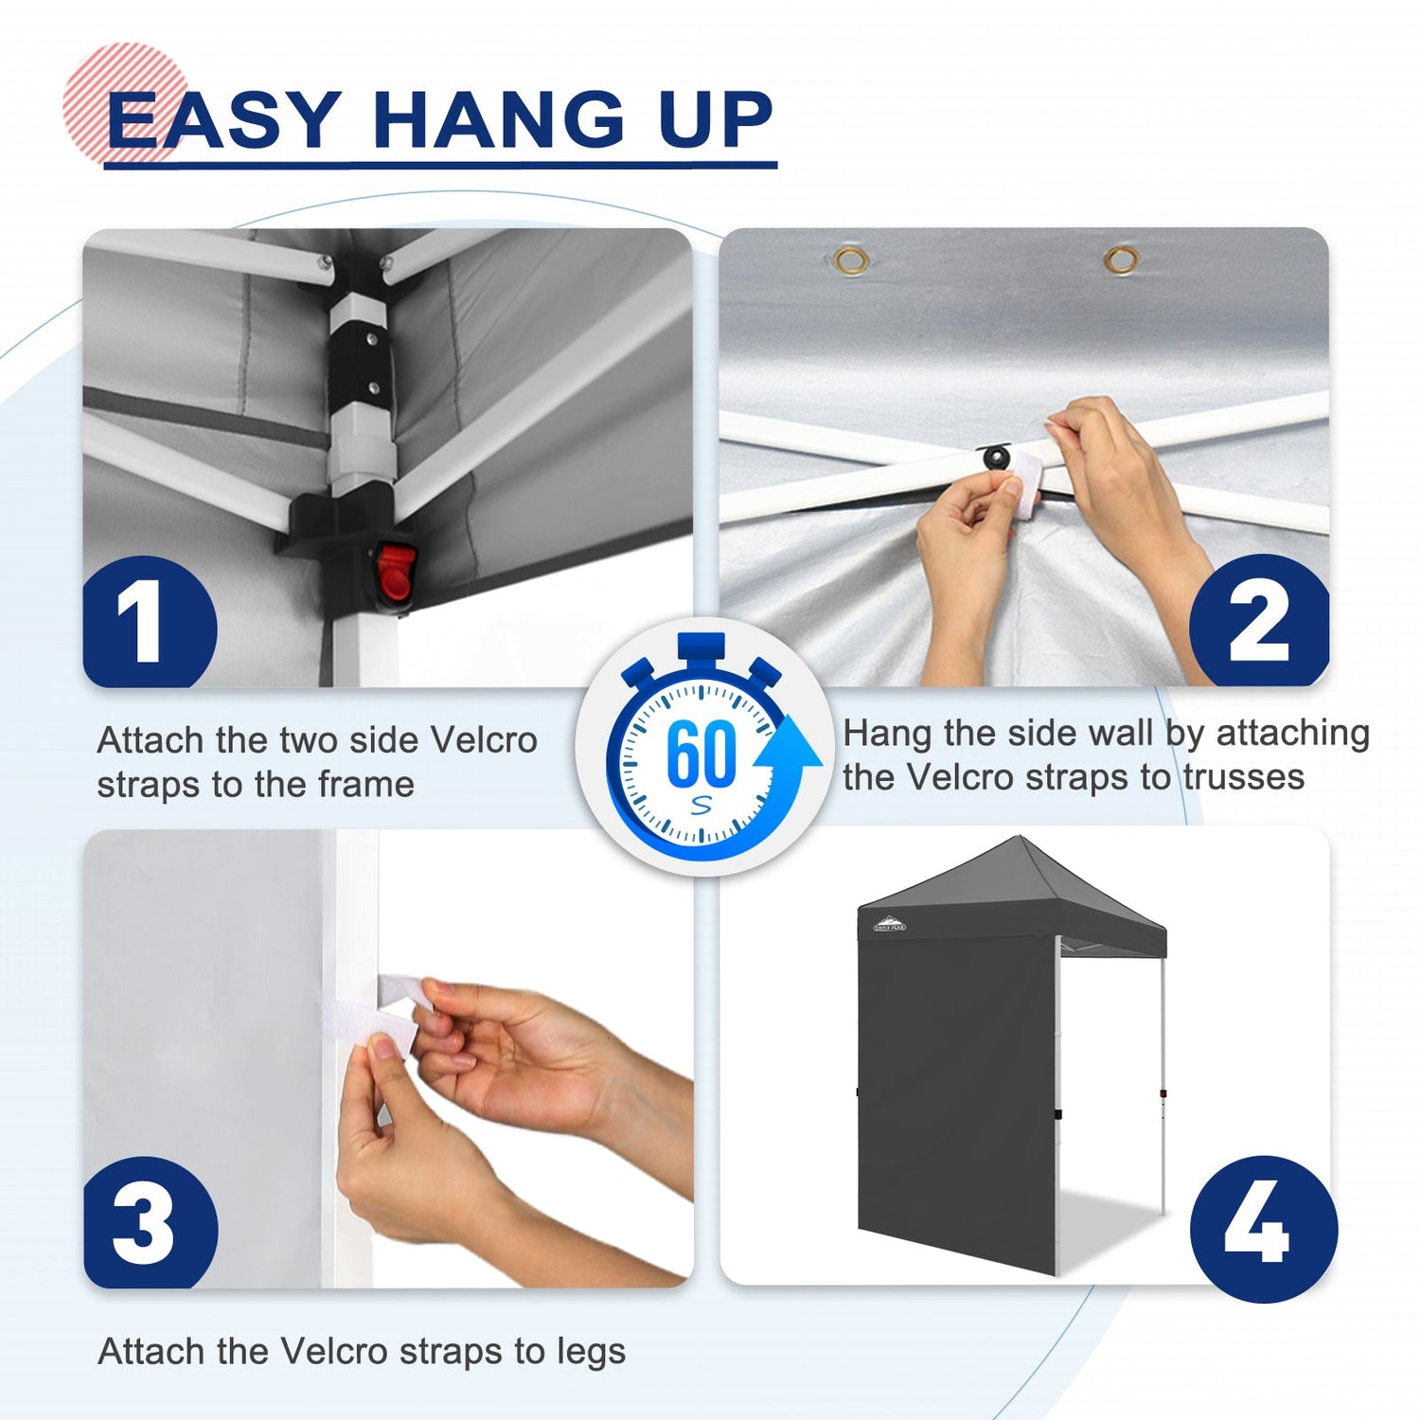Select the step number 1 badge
(151, 622)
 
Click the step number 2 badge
(1259, 620)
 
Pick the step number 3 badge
(151, 1222)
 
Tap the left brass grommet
(851, 260)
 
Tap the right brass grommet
(1122, 259)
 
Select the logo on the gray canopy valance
(889, 924)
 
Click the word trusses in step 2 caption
(1244, 777)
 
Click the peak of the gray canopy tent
(1020, 838)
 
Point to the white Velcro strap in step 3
(379, 1011)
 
